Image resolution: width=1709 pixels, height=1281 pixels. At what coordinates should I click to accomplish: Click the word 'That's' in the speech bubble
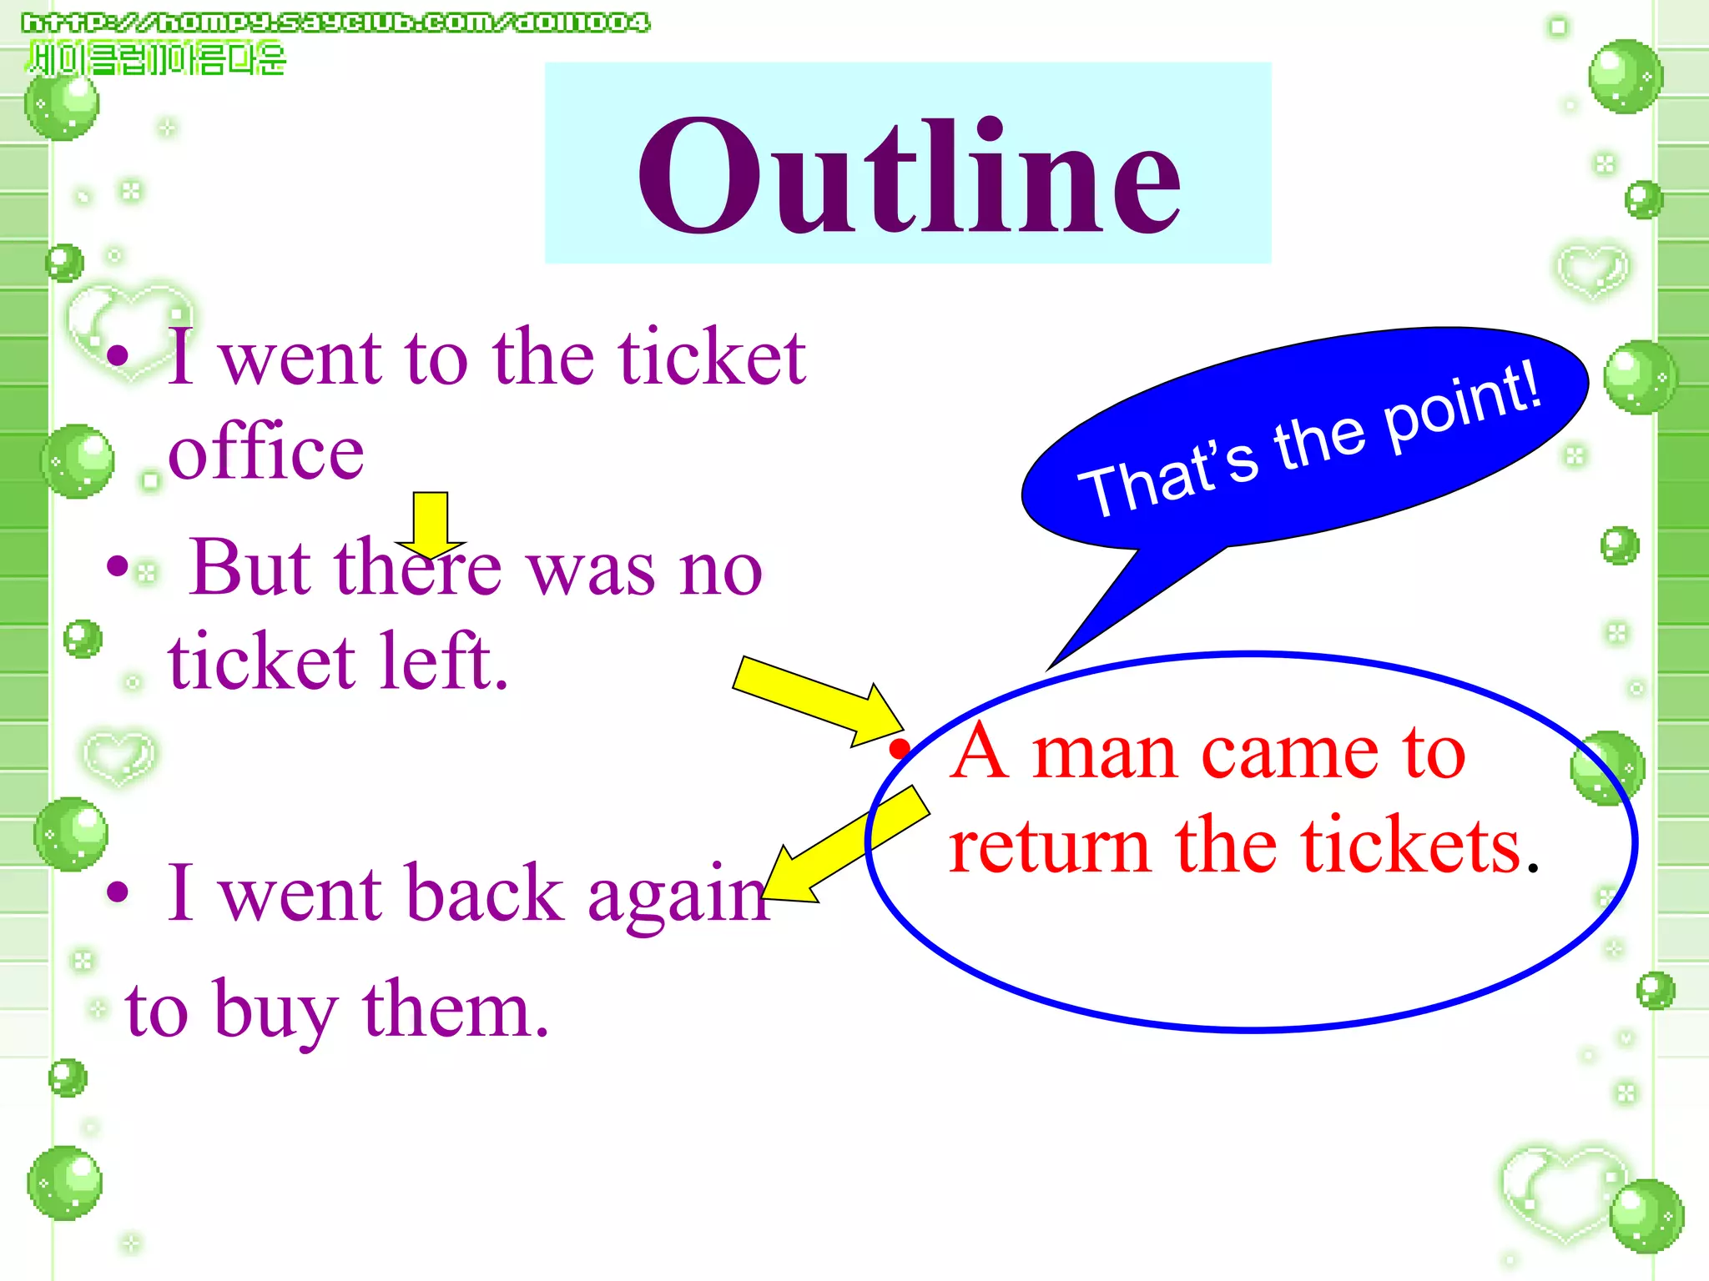1168,480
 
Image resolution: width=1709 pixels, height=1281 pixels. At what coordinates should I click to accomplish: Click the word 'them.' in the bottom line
456,1009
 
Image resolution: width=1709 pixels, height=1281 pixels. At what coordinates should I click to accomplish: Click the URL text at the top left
335,23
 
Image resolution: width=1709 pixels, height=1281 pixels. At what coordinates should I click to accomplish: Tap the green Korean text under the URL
157,59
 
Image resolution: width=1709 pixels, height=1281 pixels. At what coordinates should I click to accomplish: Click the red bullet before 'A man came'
899,747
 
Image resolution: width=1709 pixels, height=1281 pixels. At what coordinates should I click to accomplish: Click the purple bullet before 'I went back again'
118,892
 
